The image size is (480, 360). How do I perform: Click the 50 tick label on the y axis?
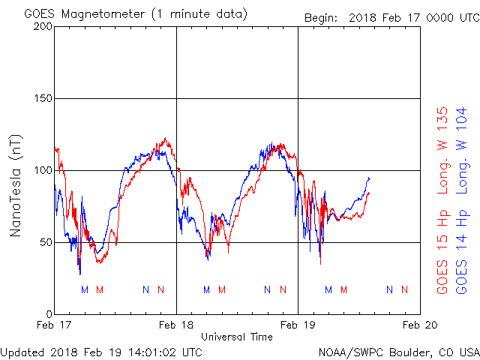44,242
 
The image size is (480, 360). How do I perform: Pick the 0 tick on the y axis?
47,314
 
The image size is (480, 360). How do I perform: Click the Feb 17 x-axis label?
55,325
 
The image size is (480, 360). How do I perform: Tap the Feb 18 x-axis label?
176,325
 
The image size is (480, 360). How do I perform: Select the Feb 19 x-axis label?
298,325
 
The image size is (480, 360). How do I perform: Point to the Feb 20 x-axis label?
419,325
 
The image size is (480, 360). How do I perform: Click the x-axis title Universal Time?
237,337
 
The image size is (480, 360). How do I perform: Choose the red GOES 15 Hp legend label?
442,255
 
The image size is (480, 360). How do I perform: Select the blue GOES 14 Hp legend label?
463,255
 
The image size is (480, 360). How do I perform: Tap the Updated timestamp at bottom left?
101,351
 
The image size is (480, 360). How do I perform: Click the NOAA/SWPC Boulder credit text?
398,351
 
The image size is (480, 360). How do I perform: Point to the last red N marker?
405,289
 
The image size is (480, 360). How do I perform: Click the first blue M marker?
85,289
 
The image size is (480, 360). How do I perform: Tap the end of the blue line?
369,178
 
